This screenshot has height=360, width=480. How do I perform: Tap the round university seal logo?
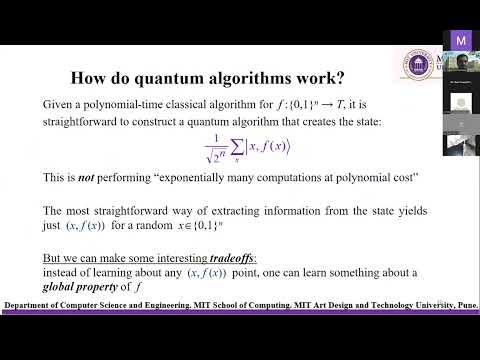[x=414, y=62]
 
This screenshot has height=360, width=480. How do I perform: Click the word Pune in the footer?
[x=463, y=304]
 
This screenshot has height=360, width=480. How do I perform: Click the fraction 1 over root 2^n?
[x=214, y=146]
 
